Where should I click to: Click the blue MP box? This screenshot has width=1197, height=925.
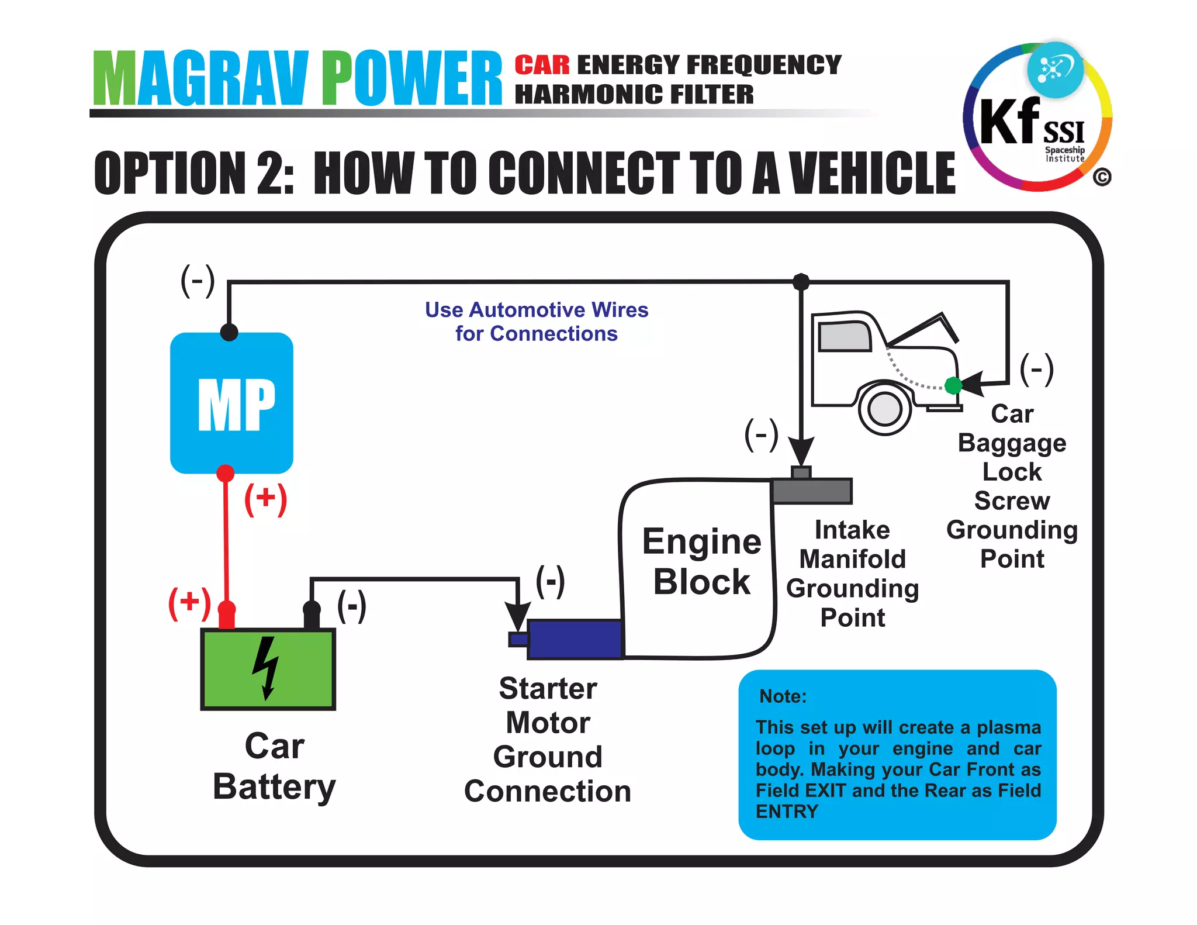(231, 403)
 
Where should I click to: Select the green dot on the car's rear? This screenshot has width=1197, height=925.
(953, 385)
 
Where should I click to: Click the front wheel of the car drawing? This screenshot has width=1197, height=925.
(885, 409)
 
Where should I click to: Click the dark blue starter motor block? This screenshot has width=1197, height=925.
(575, 639)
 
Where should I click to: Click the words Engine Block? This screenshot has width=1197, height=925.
(701, 561)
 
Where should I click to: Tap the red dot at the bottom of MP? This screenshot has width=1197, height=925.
(226, 472)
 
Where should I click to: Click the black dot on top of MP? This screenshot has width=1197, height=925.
(229, 332)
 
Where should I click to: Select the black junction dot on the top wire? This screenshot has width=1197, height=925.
(801, 282)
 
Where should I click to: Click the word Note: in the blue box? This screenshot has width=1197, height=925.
(783, 696)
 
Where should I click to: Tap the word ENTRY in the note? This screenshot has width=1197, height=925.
(787, 812)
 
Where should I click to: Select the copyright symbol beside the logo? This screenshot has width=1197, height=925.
(1102, 177)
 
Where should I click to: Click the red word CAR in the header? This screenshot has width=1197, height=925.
(542, 65)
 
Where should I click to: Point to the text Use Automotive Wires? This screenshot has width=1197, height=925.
(536, 310)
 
